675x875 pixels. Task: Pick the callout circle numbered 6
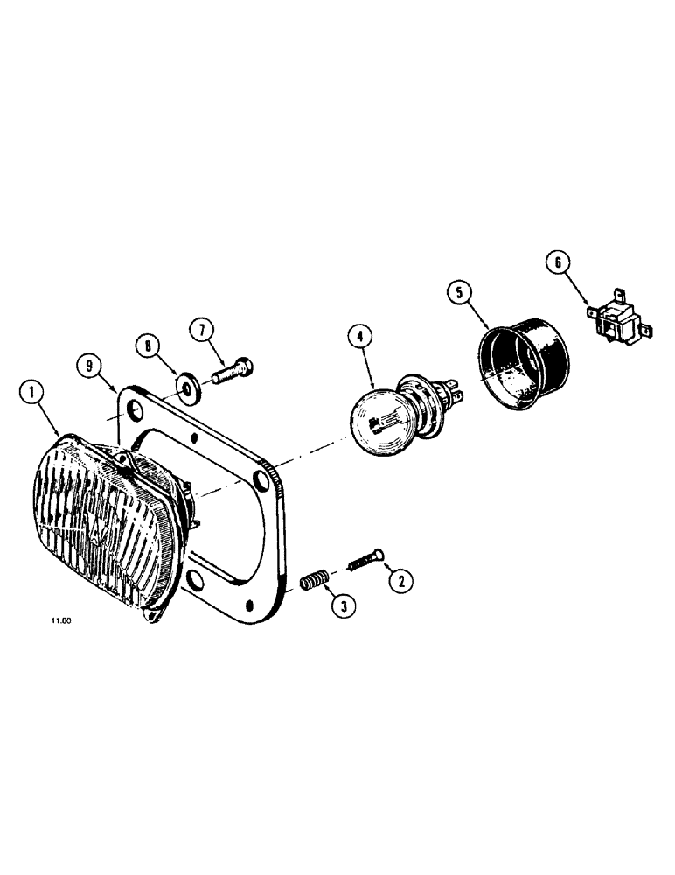(557, 262)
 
